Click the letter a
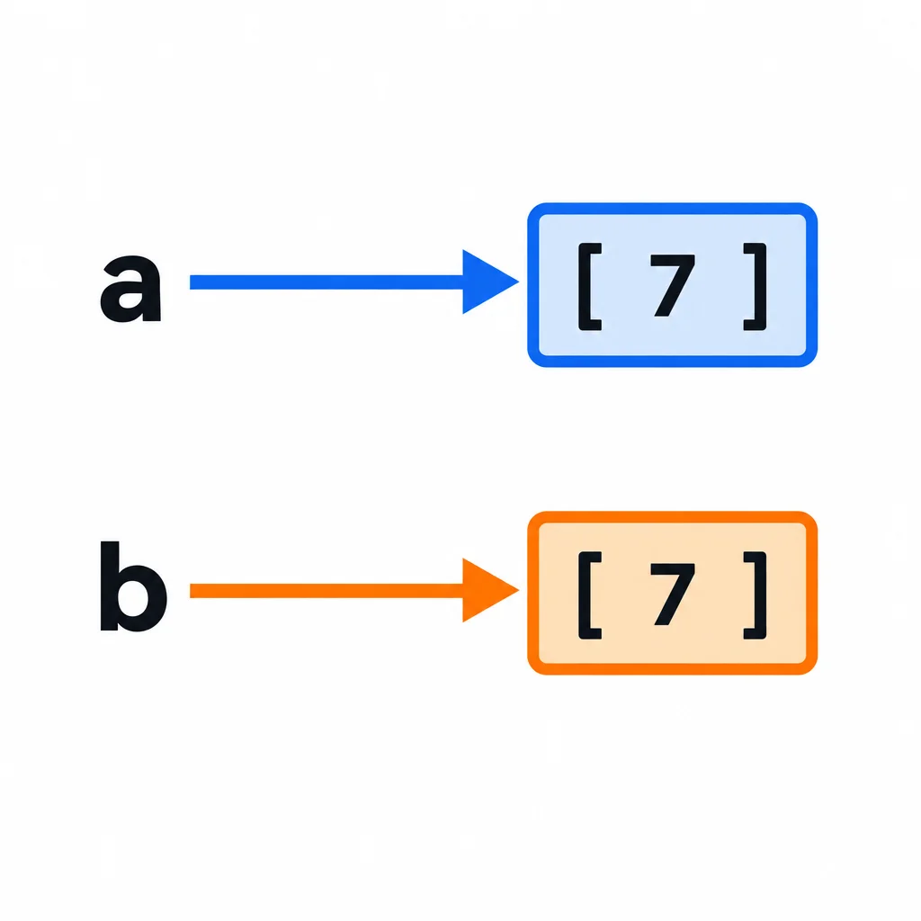[x=130, y=289]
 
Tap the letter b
[x=133, y=586]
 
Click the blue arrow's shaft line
[x=326, y=282]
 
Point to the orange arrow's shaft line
[x=326, y=590]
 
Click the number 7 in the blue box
[x=673, y=286]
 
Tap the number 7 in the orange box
[x=673, y=594]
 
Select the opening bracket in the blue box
[x=590, y=287]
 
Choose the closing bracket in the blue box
[x=756, y=287]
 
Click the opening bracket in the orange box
[x=590, y=595]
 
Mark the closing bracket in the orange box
[x=756, y=595]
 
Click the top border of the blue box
[x=673, y=209]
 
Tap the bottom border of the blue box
[x=673, y=362]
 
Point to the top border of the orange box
[x=673, y=517]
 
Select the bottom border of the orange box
[x=673, y=669]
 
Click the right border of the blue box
[x=811, y=285]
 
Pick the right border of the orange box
[x=811, y=594]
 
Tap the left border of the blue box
[x=533, y=285]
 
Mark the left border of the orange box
[x=533, y=594]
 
